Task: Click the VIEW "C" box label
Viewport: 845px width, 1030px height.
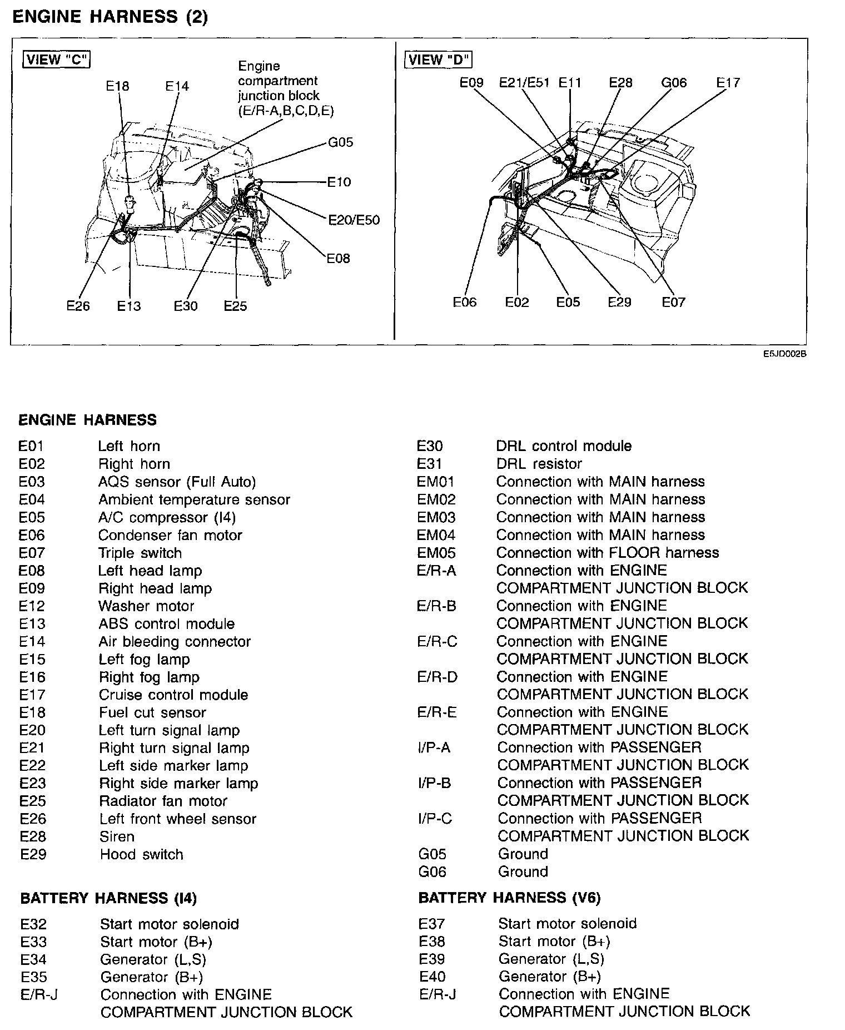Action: pyautogui.click(x=56, y=60)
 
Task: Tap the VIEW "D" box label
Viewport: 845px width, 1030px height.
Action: pyautogui.click(x=439, y=60)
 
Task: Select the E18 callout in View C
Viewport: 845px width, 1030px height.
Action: pyautogui.click(x=117, y=86)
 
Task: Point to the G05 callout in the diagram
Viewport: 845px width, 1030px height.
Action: pyautogui.click(x=340, y=142)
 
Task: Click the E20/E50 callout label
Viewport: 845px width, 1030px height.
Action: pyautogui.click(x=354, y=220)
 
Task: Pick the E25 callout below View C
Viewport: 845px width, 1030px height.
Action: pyautogui.click(x=235, y=306)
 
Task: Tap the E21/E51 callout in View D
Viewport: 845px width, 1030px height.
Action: pyautogui.click(x=524, y=83)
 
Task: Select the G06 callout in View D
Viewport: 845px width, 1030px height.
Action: pyautogui.click(x=674, y=83)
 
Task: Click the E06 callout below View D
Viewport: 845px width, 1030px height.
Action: pyautogui.click(x=465, y=302)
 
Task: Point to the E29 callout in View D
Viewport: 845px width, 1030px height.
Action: pyautogui.click(x=619, y=302)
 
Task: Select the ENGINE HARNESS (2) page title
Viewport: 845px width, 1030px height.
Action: pyautogui.click(x=110, y=17)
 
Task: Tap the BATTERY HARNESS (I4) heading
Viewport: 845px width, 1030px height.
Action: pyautogui.click(x=108, y=898)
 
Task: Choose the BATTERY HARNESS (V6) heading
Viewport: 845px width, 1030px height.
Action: pyautogui.click(x=509, y=898)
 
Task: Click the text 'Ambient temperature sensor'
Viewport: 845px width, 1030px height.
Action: pyautogui.click(x=194, y=499)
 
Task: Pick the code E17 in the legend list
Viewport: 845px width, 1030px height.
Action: pyautogui.click(x=32, y=695)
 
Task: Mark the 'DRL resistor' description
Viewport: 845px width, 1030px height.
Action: pyautogui.click(x=539, y=464)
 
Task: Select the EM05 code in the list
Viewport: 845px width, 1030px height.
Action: pyautogui.click(x=436, y=553)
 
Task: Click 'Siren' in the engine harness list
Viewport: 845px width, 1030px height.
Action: pyautogui.click(x=117, y=836)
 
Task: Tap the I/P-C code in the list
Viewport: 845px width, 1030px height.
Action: pyautogui.click(x=434, y=819)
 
